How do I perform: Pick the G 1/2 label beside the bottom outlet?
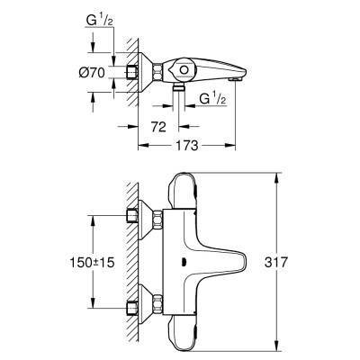[x=210, y=97]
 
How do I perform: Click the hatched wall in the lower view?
[x=133, y=261]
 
